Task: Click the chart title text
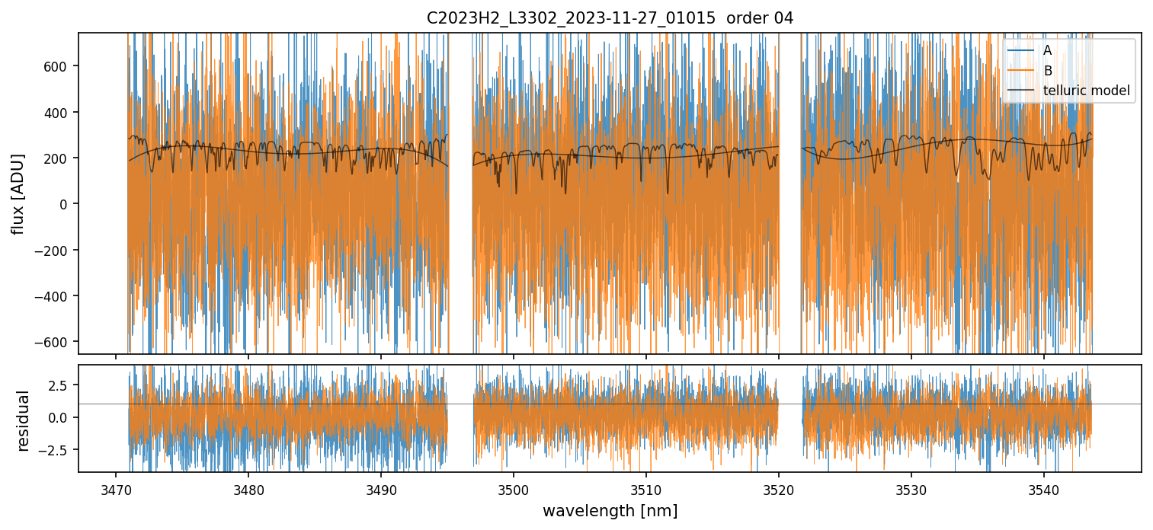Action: click(x=610, y=18)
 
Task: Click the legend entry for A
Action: click(x=1047, y=50)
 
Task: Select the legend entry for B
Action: click(x=1047, y=71)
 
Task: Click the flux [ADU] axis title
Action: click(x=18, y=193)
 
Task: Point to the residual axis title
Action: click(x=23, y=420)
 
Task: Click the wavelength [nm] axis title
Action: click(x=610, y=510)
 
